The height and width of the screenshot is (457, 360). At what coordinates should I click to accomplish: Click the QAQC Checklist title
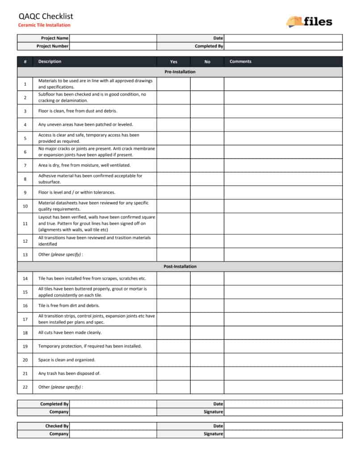click(46, 17)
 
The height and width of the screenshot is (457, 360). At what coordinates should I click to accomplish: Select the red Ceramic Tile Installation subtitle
click(44, 25)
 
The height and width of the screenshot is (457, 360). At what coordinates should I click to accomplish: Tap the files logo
click(310, 21)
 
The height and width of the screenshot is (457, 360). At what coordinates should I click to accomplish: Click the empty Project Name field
click(113, 38)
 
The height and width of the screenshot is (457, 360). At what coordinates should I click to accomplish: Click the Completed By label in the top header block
click(209, 46)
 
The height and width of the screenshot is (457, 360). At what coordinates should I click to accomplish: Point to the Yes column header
click(173, 62)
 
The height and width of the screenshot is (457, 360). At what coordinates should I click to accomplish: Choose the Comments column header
click(240, 62)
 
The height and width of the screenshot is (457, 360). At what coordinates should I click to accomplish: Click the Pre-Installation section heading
click(180, 72)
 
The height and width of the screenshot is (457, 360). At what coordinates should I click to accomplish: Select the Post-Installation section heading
click(180, 266)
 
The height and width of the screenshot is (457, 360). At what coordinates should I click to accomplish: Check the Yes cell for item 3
click(173, 111)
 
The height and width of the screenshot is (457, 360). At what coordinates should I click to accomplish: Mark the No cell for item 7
click(207, 166)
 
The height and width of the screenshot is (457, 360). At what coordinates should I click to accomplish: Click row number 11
click(25, 223)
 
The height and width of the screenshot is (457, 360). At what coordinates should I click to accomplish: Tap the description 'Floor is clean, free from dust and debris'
click(78, 111)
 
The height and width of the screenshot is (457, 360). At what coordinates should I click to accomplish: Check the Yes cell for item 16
click(173, 306)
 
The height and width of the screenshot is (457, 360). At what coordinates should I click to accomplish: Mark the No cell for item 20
click(207, 360)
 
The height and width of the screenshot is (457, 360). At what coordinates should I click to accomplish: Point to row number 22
click(25, 387)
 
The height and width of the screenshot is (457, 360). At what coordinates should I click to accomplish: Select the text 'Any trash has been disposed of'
click(69, 374)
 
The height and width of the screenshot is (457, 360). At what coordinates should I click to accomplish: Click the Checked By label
click(57, 426)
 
